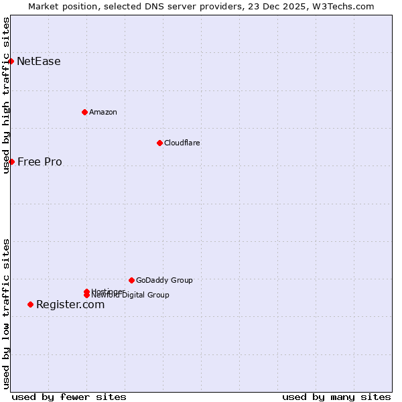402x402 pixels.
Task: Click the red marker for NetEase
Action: point(11,62)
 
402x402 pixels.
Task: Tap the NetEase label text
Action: point(39,62)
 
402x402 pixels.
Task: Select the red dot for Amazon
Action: point(85,112)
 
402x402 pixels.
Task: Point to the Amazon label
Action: point(103,112)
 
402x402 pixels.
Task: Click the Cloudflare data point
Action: point(159,143)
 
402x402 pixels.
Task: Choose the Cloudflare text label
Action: point(182,143)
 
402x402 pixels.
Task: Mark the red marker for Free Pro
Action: point(11,161)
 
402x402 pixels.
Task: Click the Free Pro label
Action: point(40,161)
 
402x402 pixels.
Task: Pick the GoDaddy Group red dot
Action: point(131,280)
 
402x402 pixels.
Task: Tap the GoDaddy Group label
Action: point(164,280)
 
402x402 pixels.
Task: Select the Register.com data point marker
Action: point(30,304)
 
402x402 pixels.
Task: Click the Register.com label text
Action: point(70,304)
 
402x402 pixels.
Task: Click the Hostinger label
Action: point(107,291)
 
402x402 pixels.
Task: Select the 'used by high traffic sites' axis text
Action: point(6,95)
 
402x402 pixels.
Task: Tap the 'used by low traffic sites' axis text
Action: point(6,314)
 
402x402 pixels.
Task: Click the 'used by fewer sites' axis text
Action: point(69,397)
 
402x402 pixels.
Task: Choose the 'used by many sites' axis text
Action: point(336,397)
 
